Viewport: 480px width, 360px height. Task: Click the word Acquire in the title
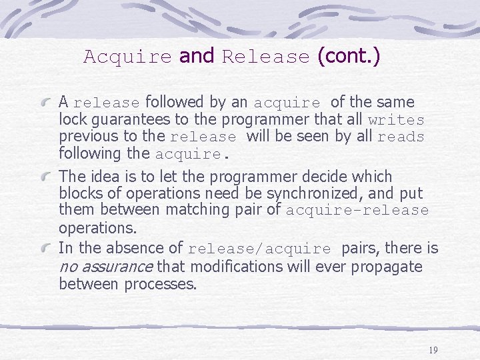127,57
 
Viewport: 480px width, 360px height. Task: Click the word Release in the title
266,57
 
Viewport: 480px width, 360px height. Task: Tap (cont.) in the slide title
349,56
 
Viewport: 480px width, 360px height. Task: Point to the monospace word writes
396,121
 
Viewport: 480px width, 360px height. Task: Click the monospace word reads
401,137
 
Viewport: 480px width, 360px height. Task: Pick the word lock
71,120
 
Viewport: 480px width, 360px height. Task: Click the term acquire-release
357,211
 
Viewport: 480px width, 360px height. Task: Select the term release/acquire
259,249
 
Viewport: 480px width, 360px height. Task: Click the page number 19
433,350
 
